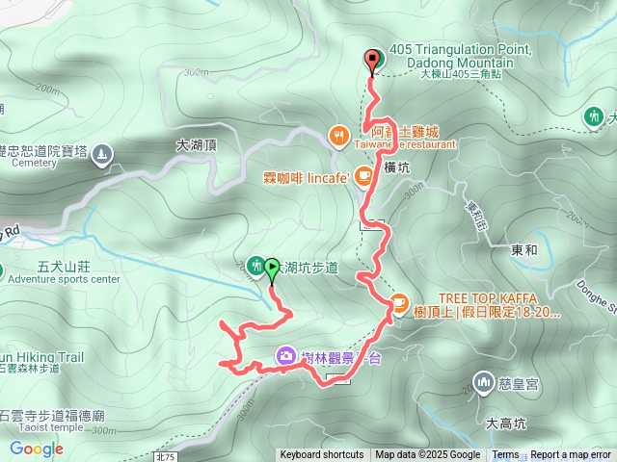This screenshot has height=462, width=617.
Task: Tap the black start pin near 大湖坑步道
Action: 272,272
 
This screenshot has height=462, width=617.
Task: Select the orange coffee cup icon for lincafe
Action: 362,176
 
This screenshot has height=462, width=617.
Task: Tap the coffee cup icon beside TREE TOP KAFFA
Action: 398,305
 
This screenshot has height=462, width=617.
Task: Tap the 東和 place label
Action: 524,249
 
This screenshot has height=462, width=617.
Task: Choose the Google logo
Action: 36,449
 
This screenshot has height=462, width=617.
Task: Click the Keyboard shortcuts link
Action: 322,455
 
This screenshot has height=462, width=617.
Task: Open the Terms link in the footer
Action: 505,455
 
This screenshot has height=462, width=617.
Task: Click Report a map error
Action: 571,455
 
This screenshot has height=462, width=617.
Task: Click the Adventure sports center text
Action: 64,279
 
